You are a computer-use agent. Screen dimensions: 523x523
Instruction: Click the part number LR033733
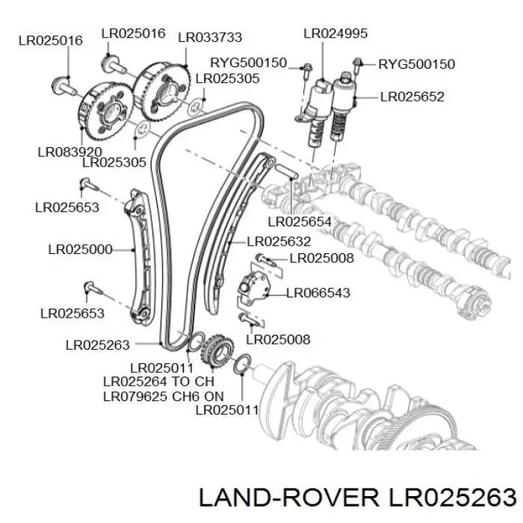point(209,37)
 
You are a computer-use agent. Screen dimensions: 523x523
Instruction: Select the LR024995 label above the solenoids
point(335,34)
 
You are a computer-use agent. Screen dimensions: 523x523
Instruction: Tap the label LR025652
point(412,96)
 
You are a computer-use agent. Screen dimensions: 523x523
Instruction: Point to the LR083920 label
point(69,150)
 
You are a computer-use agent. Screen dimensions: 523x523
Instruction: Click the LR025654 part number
point(299,221)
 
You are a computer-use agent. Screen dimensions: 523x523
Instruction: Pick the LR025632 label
point(278,241)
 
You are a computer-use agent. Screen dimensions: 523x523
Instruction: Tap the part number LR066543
point(318,293)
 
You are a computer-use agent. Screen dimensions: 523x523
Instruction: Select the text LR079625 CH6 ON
point(163,395)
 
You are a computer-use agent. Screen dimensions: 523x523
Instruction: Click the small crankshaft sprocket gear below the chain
point(217,349)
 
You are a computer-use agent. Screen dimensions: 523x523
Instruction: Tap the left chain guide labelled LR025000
point(139,258)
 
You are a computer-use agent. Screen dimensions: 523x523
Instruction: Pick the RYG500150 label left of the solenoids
point(248,64)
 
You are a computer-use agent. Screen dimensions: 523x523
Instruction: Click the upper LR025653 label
point(66,207)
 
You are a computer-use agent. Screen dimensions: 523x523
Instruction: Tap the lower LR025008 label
point(277,340)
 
